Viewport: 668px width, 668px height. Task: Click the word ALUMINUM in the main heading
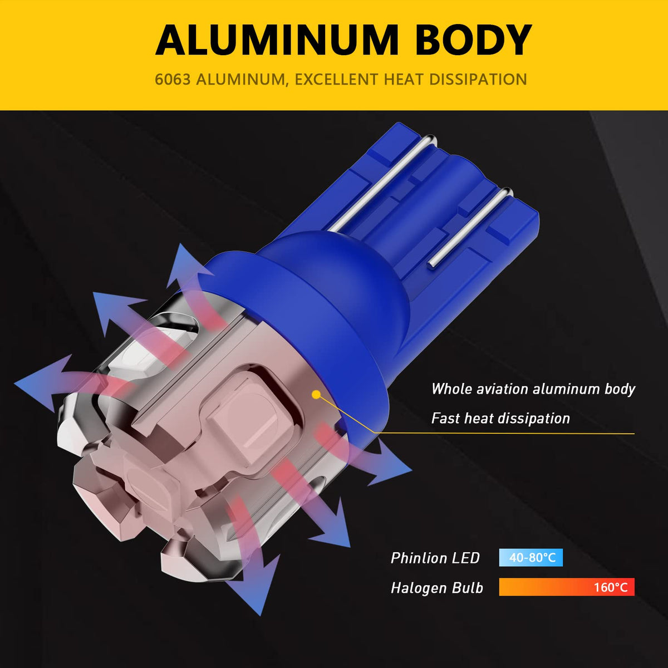[x=277, y=40]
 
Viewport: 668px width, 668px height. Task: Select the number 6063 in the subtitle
[x=173, y=80]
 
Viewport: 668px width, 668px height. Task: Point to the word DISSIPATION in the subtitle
[x=478, y=80]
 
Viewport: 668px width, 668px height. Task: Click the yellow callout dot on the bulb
[x=316, y=394]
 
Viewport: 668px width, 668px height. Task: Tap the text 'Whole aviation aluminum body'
[x=533, y=389]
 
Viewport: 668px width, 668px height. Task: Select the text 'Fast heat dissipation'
[x=500, y=418]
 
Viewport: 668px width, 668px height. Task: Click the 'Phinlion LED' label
[x=435, y=558]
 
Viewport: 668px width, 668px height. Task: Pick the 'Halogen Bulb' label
[x=437, y=588]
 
